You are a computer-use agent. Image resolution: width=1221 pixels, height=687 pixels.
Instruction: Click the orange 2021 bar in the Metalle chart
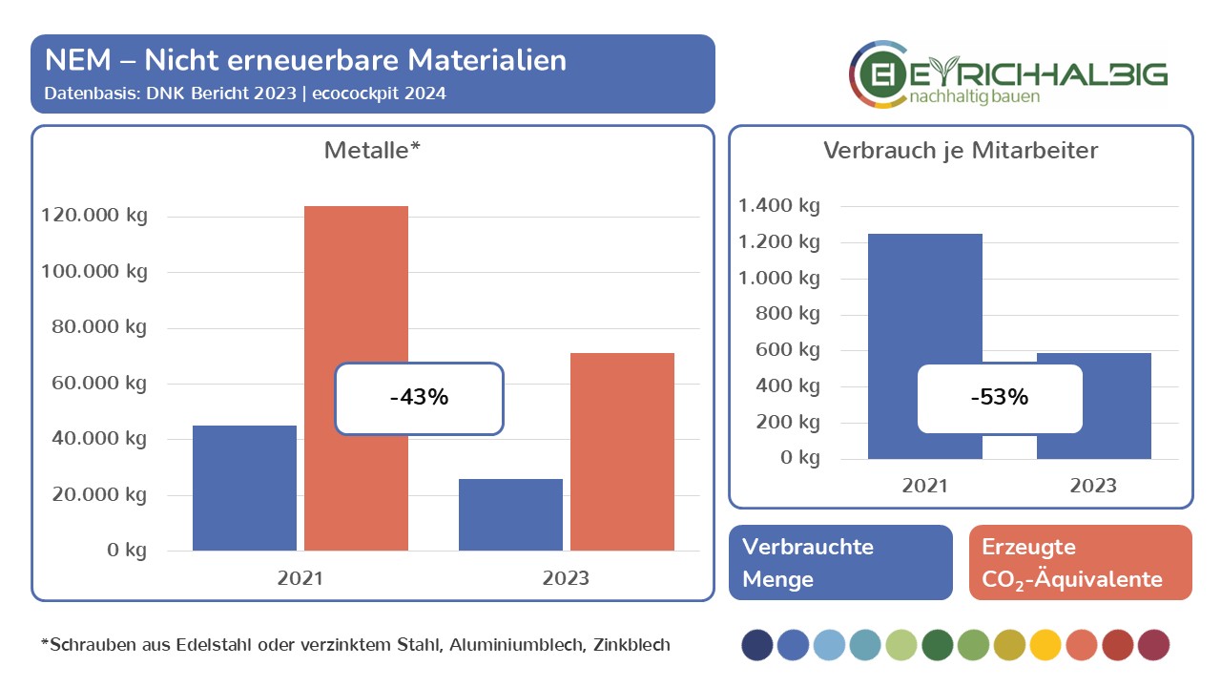point(356,286)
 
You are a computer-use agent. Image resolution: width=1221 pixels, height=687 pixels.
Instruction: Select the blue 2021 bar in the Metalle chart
point(244,488)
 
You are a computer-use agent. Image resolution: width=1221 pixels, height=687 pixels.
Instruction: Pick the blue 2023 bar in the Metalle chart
point(510,514)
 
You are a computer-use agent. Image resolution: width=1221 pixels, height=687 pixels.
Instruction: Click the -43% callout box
point(419,398)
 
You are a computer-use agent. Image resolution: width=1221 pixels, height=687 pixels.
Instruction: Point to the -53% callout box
point(1000,398)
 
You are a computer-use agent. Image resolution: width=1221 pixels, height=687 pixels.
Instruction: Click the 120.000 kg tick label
point(94,216)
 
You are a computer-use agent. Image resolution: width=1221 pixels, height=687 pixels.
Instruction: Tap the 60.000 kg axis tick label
point(94,384)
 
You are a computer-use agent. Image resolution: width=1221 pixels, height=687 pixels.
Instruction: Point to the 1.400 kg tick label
point(779,206)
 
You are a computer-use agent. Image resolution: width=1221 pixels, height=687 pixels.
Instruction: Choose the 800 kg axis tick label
point(787,314)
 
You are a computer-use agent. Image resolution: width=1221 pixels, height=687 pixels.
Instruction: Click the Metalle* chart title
point(372,150)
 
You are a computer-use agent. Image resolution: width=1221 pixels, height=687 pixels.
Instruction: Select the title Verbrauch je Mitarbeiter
point(961,150)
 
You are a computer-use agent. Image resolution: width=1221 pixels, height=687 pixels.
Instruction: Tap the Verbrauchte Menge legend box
point(840,562)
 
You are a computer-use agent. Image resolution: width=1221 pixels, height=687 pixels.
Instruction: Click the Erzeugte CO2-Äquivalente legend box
point(1080,562)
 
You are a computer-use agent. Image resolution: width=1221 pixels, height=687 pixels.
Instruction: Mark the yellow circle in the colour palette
point(1045,645)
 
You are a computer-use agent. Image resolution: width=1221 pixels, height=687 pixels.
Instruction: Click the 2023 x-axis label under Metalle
point(566,578)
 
